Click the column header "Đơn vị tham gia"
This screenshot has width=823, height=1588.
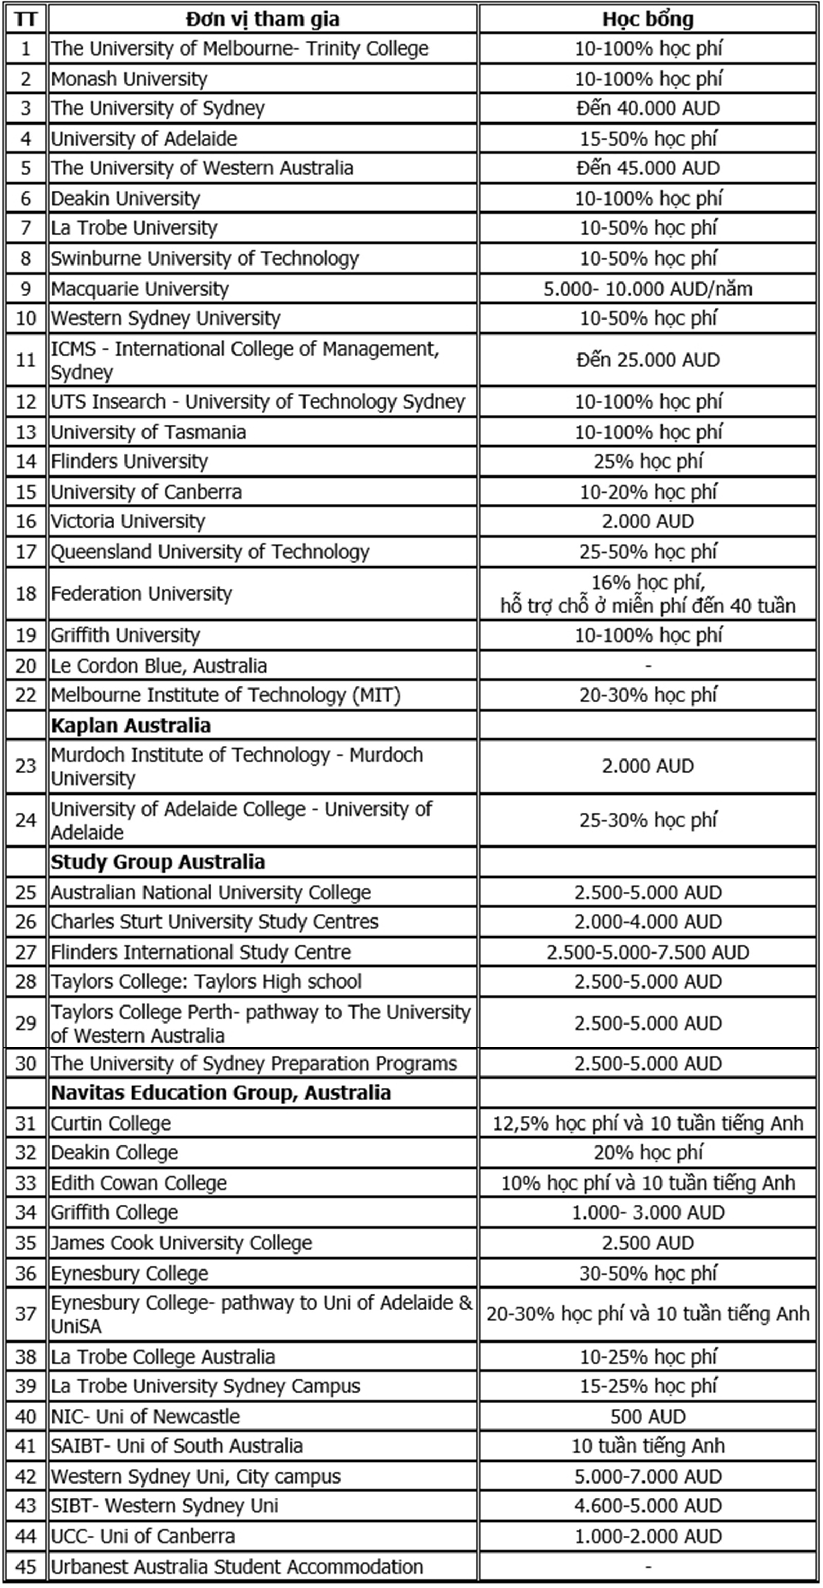point(262,19)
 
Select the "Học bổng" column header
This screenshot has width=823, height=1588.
point(648,19)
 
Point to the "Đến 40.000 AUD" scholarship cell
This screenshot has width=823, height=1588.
point(648,109)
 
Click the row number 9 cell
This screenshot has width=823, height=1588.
point(26,289)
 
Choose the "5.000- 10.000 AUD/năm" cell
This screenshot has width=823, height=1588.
point(648,289)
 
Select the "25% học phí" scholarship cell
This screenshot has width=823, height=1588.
point(648,461)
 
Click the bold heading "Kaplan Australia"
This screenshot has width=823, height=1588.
point(131,725)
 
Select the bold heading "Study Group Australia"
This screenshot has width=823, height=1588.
point(158,861)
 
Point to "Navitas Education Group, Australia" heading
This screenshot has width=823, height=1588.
point(221,1092)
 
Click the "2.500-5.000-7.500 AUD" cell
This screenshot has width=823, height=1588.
point(648,952)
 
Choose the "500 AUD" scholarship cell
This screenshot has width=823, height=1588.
point(648,1416)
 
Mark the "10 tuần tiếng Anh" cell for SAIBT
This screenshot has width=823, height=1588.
point(648,1445)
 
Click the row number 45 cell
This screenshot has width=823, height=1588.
point(26,1566)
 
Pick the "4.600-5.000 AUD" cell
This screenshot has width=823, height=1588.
point(648,1505)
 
